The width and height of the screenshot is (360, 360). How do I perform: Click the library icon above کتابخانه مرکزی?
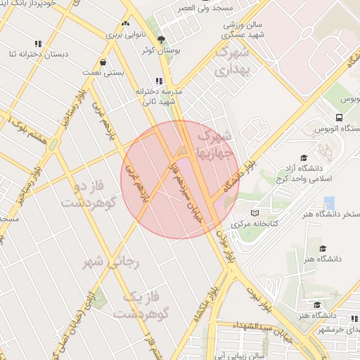[255, 212]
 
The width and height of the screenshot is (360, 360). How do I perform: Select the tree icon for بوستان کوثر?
[161, 39]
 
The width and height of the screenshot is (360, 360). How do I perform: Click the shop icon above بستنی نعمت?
[103, 62]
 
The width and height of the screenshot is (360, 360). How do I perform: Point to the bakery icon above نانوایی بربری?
[126, 23]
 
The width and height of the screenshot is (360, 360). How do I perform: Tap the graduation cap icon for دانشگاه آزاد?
[304, 158]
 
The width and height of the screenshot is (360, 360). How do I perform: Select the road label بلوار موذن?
[226, 247]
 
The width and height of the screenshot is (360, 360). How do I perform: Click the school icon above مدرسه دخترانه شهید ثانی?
[160, 82]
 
